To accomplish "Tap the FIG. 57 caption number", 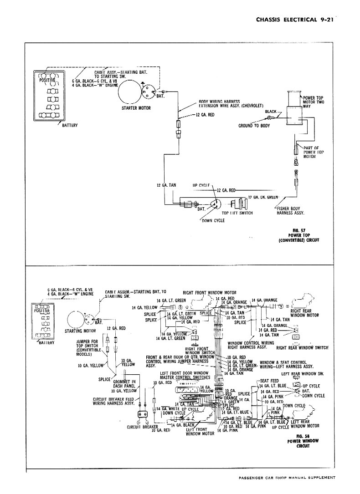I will click(299, 230).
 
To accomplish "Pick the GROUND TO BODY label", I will click(254, 126).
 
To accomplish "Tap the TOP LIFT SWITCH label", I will click(237, 213).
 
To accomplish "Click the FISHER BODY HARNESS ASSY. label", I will click(291, 210).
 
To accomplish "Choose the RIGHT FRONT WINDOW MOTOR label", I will click(210, 293).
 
